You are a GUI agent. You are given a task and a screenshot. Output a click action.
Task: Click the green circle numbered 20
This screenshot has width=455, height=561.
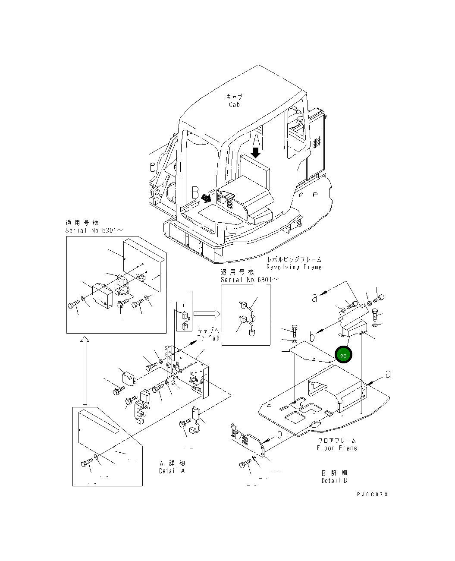click(343, 355)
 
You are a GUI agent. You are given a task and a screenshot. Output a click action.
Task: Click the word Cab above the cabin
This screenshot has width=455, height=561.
click(234, 105)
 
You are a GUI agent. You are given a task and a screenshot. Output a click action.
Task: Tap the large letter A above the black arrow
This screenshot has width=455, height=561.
click(256, 140)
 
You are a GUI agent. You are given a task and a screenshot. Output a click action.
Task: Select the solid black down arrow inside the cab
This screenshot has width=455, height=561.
click(256, 153)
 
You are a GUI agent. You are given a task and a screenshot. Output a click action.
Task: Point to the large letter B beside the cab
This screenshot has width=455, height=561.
click(195, 192)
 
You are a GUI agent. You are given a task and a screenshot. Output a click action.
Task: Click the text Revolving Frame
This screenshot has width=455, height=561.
click(294, 267)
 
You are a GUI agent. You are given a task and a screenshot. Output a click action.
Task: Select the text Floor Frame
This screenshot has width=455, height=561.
click(337, 448)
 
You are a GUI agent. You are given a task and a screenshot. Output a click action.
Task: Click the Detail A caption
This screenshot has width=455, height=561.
click(172, 471)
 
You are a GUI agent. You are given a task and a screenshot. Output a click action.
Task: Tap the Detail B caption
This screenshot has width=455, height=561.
click(334, 480)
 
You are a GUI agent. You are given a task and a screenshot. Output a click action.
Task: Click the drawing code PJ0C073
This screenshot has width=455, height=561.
click(372, 494)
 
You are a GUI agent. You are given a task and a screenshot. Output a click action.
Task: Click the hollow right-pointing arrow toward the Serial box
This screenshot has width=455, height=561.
click(206, 313)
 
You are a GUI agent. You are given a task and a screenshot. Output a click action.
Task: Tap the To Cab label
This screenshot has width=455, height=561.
click(209, 338)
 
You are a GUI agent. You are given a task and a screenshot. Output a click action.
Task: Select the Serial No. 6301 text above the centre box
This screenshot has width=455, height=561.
click(250, 280)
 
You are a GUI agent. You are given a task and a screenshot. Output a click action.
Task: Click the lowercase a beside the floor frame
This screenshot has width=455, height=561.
click(388, 374)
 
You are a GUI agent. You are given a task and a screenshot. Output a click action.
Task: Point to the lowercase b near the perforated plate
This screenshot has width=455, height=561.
click(279, 434)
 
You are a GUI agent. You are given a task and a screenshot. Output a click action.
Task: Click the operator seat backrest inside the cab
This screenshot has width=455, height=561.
click(256, 172)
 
